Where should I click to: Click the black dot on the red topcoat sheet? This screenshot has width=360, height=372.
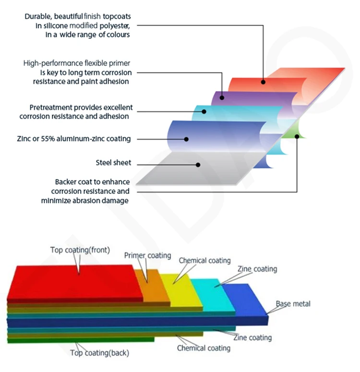263,82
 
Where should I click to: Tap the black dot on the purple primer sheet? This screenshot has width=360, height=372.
222,97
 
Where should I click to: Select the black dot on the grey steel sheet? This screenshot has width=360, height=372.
197,164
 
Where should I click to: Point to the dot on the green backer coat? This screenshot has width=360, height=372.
297,136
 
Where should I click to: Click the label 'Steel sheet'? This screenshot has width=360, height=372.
113,163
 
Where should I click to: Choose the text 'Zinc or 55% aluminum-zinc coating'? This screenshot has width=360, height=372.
73,139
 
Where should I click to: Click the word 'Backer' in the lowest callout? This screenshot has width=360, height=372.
66,182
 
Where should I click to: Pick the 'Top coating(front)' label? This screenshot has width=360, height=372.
80,250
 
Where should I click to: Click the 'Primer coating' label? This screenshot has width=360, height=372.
147,255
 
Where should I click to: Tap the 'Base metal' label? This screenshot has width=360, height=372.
293,303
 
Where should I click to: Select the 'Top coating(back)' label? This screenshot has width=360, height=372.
99,353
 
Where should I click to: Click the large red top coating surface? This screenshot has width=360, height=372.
72,283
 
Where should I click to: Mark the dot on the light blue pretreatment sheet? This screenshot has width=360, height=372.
204,111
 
